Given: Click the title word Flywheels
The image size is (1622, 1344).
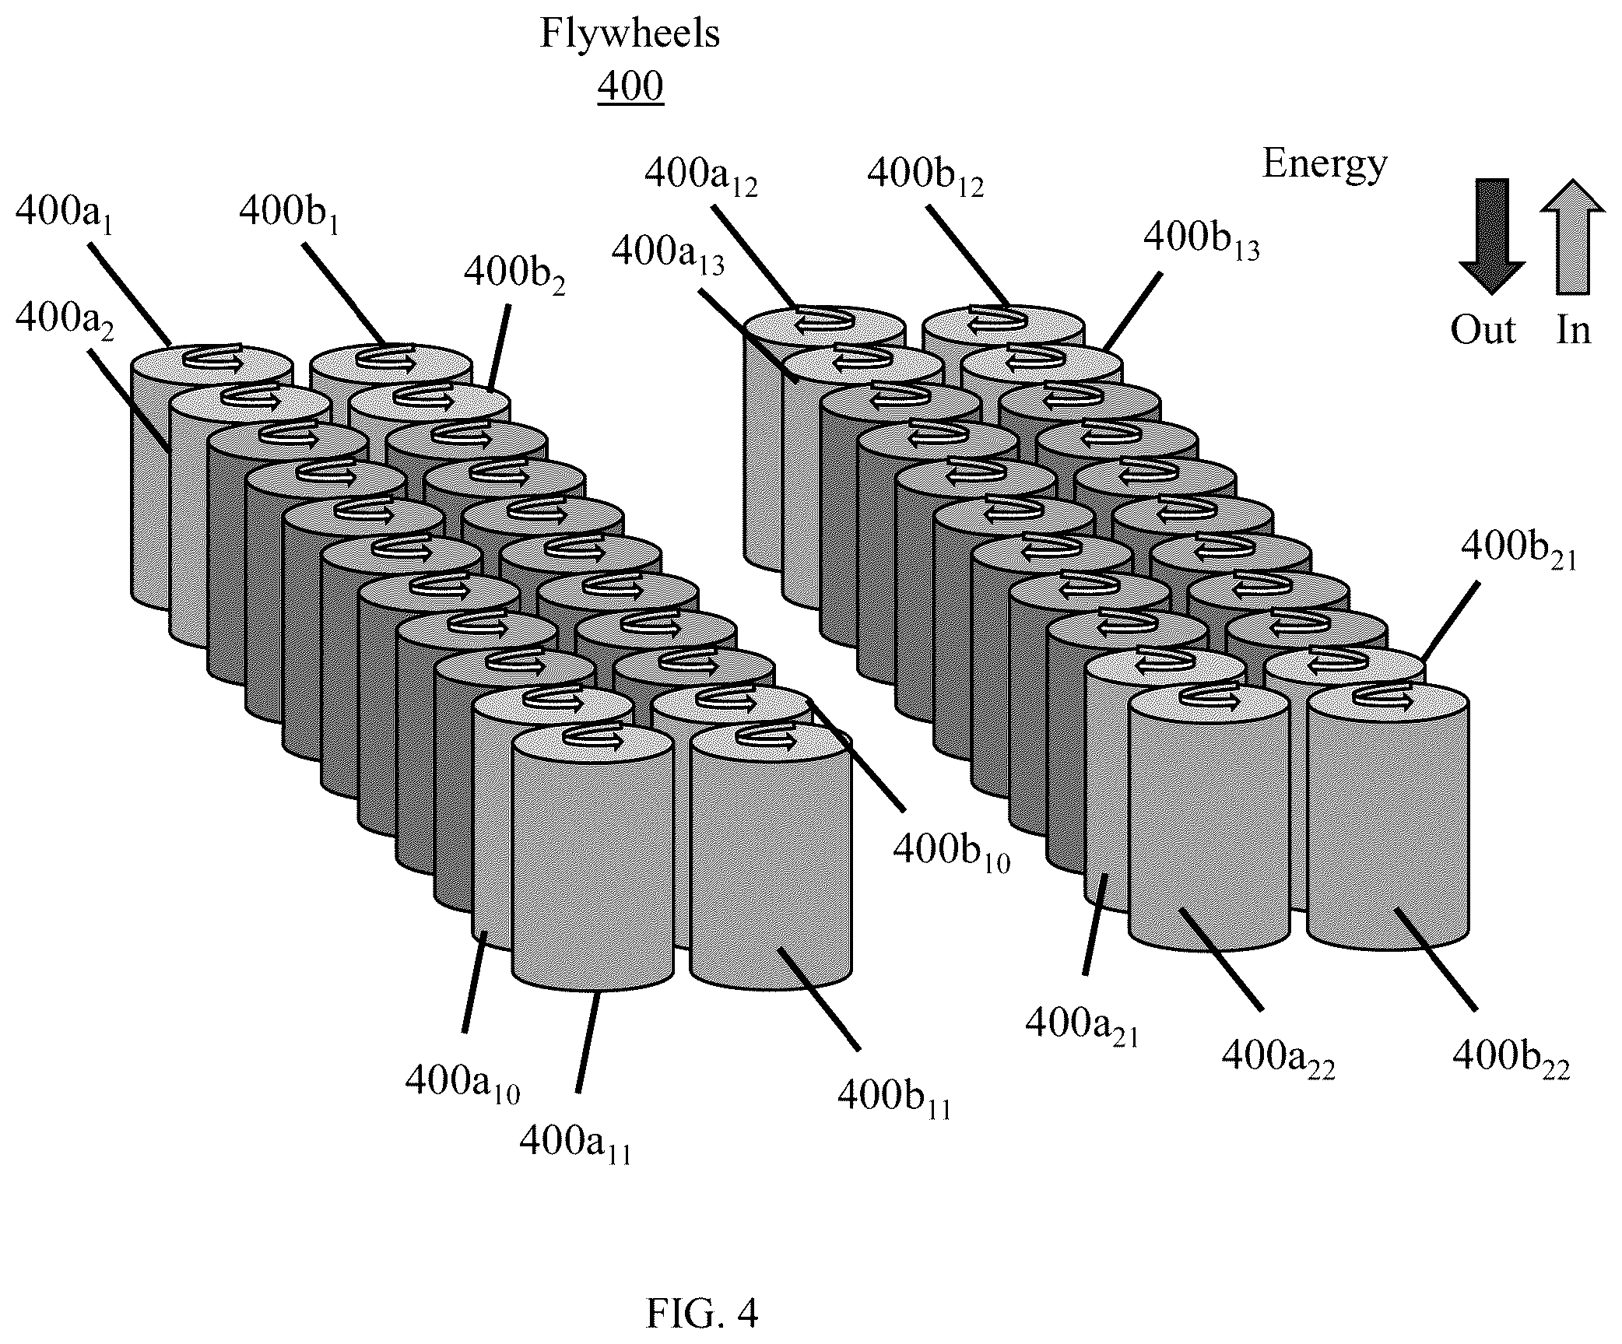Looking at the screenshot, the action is [x=630, y=35].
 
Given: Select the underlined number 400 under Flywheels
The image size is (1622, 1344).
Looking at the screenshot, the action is [x=630, y=86].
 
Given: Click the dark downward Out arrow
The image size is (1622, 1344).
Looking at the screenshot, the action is [x=1490, y=237].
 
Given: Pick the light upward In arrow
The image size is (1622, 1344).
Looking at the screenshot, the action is [x=1572, y=237].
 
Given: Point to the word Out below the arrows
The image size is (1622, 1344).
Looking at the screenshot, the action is [x=1483, y=331].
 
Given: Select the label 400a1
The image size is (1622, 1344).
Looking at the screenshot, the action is [x=65, y=215].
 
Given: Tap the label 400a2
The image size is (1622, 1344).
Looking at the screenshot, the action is [x=65, y=320].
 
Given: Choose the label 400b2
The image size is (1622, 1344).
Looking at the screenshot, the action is [x=514, y=274].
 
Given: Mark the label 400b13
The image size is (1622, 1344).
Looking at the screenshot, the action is [x=1201, y=240].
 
